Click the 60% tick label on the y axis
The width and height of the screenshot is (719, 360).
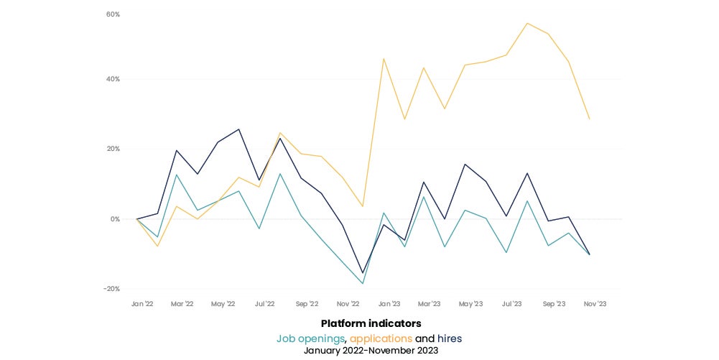coord(113,14)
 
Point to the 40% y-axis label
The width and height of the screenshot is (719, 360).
coord(113,79)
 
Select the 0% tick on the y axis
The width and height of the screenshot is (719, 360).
coord(115,219)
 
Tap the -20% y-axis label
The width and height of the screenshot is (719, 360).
coord(112,289)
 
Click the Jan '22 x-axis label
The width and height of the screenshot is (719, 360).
coord(142,304)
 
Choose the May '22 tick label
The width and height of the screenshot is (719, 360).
coord(223,304)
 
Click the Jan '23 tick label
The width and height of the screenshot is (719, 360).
coord(389,304)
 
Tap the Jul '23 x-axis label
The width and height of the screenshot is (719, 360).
coord(512,304)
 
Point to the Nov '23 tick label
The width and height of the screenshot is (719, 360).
coord(595,304)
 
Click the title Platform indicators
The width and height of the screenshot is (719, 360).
coord(371,323)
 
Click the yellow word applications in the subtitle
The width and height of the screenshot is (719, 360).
coord(381,338)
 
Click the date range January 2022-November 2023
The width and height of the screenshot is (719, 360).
coord(371,351)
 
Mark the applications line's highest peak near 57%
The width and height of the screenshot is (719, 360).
coord(527,23)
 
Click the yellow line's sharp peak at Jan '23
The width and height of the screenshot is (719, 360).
coord(384,58)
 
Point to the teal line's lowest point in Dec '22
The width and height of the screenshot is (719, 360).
coord(363,283)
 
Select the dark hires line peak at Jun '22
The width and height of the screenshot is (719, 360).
coord(239,129)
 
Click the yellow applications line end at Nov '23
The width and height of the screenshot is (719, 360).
coord(590,119)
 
